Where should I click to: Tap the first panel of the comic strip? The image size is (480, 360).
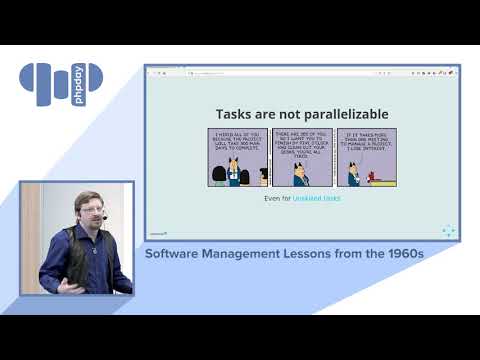[x=238, y=157]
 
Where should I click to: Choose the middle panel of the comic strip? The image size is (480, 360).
[x=302, y=157]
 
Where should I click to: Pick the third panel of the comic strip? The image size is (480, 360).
[x=366, y=157]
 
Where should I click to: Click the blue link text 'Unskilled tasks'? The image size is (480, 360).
[x=316, y=198]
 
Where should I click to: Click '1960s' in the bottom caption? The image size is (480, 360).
[x=401, y=254]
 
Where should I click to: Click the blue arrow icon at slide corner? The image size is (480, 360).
[x=448, y=231]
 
